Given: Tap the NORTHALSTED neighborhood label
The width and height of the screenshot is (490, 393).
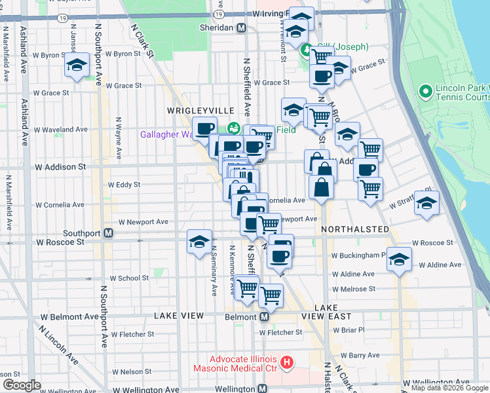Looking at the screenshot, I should [355, 230].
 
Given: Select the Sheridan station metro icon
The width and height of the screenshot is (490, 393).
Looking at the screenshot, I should [242, 28].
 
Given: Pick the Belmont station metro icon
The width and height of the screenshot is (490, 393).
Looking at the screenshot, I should [265, 316].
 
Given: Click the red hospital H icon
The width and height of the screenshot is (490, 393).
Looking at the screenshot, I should [286, 362].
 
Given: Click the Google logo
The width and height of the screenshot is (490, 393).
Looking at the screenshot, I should [21, 385].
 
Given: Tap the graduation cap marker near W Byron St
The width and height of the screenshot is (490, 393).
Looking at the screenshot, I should [77, 65].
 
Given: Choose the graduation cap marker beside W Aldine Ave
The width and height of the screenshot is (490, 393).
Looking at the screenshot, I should [399, 259].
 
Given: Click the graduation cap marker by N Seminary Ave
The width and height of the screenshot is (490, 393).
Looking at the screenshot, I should [199, 242].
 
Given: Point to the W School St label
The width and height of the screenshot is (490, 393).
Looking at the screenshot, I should [129, 278].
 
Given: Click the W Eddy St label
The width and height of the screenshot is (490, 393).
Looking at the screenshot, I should [123, 185].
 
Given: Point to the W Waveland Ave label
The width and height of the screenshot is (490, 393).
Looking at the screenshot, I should [66, 130].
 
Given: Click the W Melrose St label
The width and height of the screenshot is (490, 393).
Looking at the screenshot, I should [354, 289].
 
